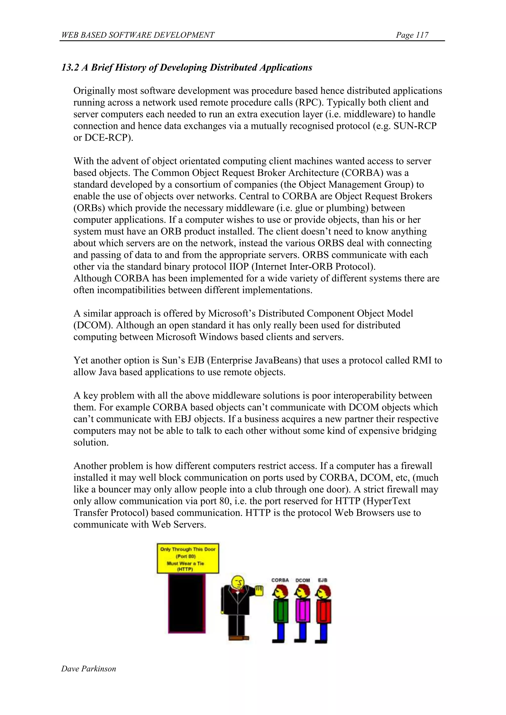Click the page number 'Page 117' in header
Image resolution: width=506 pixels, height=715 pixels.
click(412, 35)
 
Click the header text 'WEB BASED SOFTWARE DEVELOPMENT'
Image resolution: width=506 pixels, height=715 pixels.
click(138, 35)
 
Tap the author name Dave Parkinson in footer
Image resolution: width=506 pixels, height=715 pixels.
click(88, 669)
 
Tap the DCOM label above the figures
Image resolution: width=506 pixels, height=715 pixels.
click(303, 580)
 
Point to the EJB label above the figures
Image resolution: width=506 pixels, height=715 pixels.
click(322, 580)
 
